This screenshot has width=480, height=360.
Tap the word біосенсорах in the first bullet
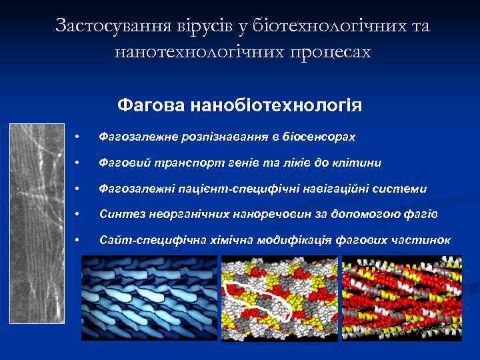coord(319,137)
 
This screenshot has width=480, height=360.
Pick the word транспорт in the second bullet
coord(179,163)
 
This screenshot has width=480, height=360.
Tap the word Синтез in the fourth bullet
coord(119,214)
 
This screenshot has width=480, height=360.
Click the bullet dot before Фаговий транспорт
coord(78,163)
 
